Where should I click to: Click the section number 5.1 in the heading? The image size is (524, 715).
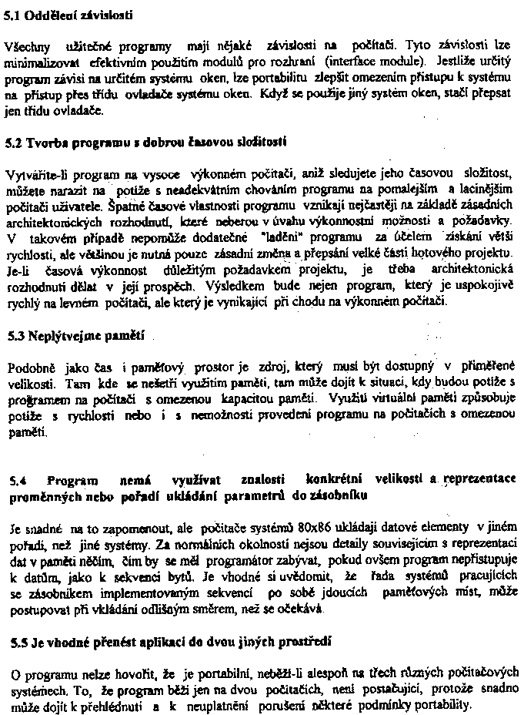coord(14,14)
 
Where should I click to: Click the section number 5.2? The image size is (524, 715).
coord(14,142)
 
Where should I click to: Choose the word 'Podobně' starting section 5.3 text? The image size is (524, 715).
coord(28,368)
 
